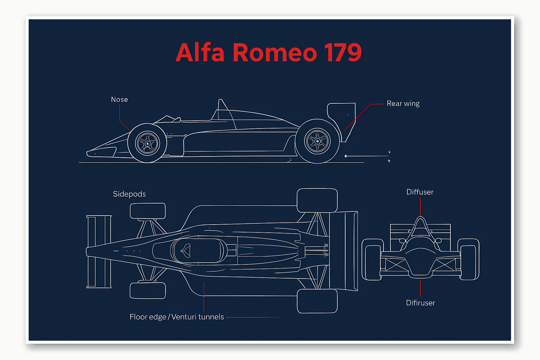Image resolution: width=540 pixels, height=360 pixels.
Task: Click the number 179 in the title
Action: (x=343, y=53)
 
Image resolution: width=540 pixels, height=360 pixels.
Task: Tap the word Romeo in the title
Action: (x=274, y=53)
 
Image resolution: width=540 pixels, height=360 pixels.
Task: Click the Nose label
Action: (x=119, y=99)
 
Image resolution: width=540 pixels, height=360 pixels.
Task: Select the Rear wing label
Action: (x=403, y=104)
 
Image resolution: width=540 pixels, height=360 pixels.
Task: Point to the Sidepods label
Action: (x=129, y=194)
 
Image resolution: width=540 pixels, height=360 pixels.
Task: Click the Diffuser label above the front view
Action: (x=420, y=192)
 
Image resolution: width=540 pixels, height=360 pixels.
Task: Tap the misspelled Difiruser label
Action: (x=420, y=303)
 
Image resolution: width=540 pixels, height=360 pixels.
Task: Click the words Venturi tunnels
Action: (x=197, y=317)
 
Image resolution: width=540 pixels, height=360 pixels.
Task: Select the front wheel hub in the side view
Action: (x=147, y=144)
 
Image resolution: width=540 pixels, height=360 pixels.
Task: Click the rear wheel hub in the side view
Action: (x=317, y=141)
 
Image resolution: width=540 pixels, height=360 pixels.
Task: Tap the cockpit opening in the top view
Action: (x=199, y=251)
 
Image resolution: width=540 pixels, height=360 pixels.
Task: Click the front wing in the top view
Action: (x=99, y=251)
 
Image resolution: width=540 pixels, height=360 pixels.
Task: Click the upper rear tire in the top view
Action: (x=317, y=201)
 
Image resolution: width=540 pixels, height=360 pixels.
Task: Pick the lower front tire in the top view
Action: (x=148, y=291)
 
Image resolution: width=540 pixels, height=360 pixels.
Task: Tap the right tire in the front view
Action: (x=469, y=259)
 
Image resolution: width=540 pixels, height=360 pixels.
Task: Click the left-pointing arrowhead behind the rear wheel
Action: (x=346, y=156)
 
